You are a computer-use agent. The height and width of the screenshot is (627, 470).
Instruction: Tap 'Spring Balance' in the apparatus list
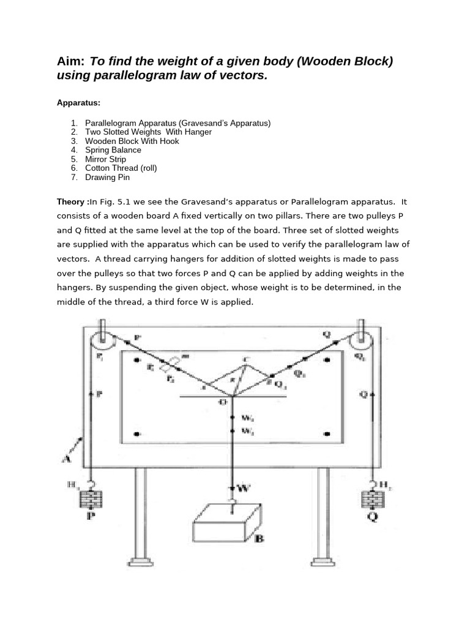click(x=113, y=150)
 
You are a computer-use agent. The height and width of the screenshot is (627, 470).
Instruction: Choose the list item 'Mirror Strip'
click(x=105, y=159)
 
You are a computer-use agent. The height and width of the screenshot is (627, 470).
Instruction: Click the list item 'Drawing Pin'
click(x=107, y=178)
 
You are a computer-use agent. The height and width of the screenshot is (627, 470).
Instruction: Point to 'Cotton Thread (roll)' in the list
click(x=121, y=168)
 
